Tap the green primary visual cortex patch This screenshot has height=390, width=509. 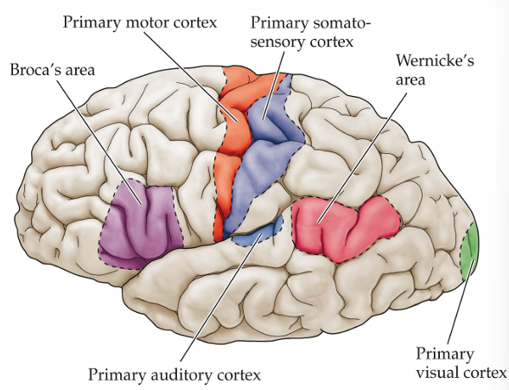coord(471,251)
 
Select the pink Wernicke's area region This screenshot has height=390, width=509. coord(346,222)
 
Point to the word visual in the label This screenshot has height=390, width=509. coord(439,373)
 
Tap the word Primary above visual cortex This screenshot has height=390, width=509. coord(445,354)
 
